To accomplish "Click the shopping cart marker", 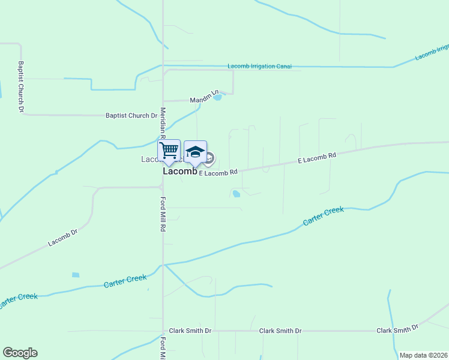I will click(x=169, y=151).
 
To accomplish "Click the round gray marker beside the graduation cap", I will click(x=209, y=158).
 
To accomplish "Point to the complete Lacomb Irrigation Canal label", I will click(x=259, y=66).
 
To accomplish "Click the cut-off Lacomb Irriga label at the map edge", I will click(x=432, y=52).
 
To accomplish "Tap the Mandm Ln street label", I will click(x=202, y=99).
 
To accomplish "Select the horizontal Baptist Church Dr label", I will click(x=131, y=115).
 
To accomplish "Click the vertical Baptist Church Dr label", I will click(x=20, y=86).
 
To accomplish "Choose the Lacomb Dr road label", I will click(x=64, y=238).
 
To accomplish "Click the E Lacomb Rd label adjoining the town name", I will click(x=218, y=172).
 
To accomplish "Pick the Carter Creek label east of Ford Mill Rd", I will click(x=324, y=216).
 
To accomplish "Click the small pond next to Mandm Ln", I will click(x=217, y=97).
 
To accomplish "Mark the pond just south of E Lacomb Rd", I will click(x=237, y=193).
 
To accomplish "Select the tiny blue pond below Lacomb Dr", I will click(x=76, y=275).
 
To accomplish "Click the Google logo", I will click(x=20, y=353).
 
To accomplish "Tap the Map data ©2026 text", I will click(x=423, y=355).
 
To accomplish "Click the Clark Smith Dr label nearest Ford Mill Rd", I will click(x=190, y=331).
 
